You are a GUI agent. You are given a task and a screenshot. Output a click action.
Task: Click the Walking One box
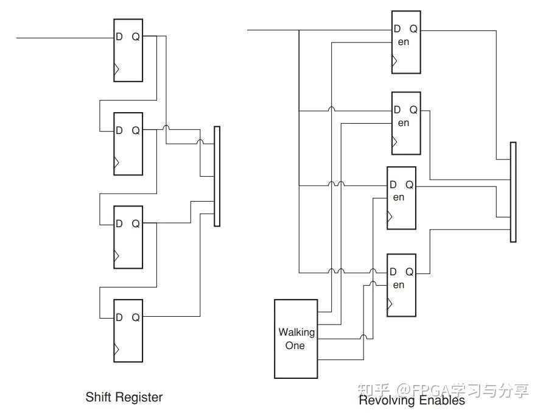pyautogui.click(x=296, y=339)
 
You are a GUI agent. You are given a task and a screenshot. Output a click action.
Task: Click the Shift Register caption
pyautogui.click(x=124, y=397)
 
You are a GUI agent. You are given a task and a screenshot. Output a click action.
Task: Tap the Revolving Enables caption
pyautogui.click(x=412, y=400)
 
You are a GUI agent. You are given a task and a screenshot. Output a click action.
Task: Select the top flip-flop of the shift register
pyautogui.click(x=128, y=50)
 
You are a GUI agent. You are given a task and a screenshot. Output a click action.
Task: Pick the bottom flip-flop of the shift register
pyautogui.click(x=128, y=331)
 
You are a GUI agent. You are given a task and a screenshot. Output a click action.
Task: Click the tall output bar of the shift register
pyautogui.click(x=217, y=177)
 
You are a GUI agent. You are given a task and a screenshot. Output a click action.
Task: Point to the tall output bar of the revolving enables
pyautogui.click(x=513, y=192)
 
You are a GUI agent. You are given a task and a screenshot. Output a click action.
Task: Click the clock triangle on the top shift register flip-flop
pyautogui.click(x=116, y=69)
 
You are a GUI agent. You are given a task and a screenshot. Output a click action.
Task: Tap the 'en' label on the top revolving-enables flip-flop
pyautogui.click(x=403, y=42)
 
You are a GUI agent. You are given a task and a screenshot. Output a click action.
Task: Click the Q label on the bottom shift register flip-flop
pyautogui.click(x=136, y=317)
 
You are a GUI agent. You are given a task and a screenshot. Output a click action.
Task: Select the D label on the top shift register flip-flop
pyautogui.click(x=119, y=37)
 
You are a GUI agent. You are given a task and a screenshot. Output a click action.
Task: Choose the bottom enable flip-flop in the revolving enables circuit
pyautogui.click(x=401, y=285)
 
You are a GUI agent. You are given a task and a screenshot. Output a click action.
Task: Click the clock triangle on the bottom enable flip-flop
pyautogui.click(x=390, y=304)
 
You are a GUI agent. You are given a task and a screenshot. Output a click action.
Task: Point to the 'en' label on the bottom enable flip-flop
pyautogui.click(x=398, y=285)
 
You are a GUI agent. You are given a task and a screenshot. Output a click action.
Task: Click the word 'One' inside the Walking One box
pyautogui.click(x=295, y=345)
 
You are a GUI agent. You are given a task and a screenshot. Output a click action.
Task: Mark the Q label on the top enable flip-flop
pyautogui.click(x=413, y=29)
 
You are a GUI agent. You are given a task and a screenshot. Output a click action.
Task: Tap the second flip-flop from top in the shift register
pyautogui.click(x=128, y=144)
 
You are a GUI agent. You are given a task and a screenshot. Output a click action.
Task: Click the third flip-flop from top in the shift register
pyautogui.click(x=128, y=238)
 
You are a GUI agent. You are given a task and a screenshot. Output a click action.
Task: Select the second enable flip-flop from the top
pyautogui.click(x=406, y=123)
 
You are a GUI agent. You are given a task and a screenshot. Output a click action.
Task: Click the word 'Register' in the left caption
pyautogui.click(x=139, y=397)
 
